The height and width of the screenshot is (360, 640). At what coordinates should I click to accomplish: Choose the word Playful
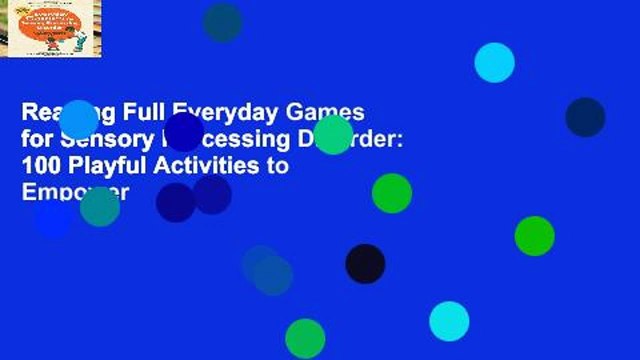tap(106, 166)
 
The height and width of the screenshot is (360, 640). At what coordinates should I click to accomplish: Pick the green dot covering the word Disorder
tap(333, 134)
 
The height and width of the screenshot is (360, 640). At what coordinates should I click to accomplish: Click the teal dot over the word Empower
tap(100, 206)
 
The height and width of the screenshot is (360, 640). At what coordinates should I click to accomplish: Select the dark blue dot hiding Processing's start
tap(184, 132)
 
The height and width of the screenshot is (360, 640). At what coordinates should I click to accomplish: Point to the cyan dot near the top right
tap(494, 62)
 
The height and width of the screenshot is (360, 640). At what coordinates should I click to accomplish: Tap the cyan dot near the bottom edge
tap(449, 320)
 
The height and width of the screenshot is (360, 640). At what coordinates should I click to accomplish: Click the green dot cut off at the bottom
tap(305, 339)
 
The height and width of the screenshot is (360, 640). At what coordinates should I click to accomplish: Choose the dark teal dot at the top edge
tap(222, 21)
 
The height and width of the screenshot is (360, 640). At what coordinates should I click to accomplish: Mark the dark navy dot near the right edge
tap(585, 117)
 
